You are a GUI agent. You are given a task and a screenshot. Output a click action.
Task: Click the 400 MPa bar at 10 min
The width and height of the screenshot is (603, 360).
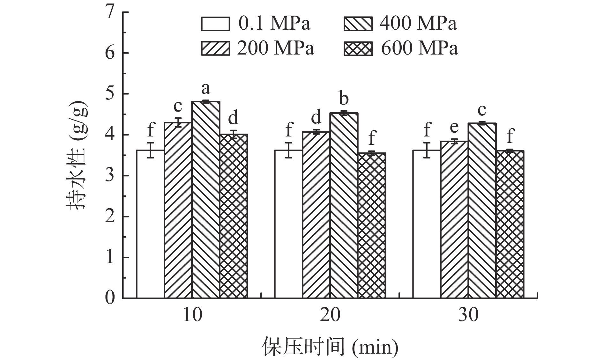(206, 200)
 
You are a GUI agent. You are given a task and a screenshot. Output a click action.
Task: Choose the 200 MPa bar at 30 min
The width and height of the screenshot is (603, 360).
(454, 220)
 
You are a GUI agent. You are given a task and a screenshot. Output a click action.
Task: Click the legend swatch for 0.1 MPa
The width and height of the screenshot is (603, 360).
(215, 24)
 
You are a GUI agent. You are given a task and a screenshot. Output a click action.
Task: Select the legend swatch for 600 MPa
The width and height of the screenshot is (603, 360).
(358, 49)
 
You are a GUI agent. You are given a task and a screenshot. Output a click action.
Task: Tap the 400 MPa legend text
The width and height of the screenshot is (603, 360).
(418, 23)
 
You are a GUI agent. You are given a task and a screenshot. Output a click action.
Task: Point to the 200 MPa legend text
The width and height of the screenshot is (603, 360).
(276, 48)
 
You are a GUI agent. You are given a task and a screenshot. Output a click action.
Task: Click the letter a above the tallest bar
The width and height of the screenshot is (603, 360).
(206, 88)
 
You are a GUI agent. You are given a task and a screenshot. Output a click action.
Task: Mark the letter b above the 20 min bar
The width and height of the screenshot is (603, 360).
(344, 99)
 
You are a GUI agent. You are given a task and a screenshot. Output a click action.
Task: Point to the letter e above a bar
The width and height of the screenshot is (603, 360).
(454, 127)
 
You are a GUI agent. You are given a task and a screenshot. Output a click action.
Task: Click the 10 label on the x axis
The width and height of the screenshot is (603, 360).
(192, 315)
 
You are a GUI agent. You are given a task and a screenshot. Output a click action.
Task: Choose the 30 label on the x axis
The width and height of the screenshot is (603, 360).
(468, 315)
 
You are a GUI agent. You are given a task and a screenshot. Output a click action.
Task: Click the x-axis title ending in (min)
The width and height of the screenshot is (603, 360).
(330, 347)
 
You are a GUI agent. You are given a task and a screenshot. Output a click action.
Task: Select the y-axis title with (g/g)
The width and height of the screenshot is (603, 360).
(77, 155)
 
